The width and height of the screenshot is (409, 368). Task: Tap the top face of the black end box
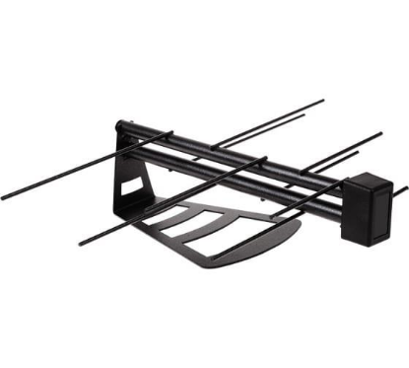click(367, 183)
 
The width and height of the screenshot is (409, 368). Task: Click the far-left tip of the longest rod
click(3, 197)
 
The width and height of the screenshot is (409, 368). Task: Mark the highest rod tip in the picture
click(321, 101)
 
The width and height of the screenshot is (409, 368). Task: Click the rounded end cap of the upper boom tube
click(120, 126)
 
